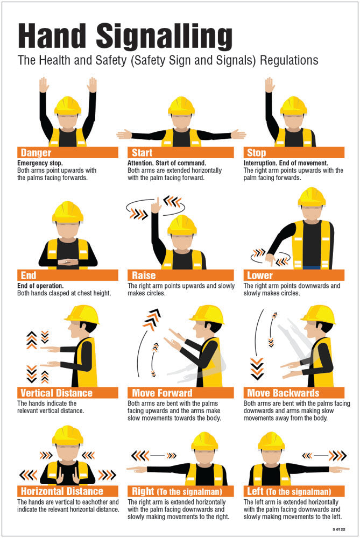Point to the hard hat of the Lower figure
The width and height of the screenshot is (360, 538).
tap(312, 197)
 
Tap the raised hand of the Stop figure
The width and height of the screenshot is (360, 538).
tap(270, 85)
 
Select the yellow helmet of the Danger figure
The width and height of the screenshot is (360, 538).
tap(67, 105)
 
